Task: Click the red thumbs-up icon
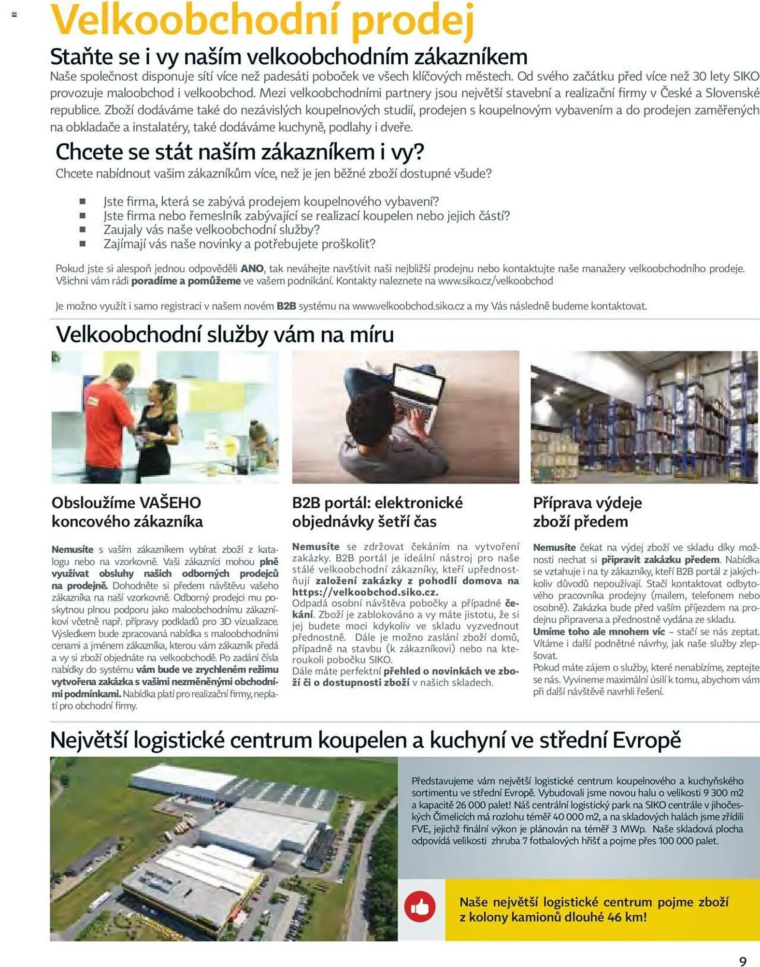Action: pos(419,907)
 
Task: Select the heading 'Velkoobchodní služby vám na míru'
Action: pos(225,335)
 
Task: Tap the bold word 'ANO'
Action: pos(252,269)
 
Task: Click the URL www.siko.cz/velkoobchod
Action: pos(495,281)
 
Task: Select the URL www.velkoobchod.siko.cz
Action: pos(408,306)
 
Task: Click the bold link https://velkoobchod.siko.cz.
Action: pos(365,592)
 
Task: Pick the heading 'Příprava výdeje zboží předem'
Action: pos(587,512)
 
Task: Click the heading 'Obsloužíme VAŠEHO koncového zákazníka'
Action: pos(127,512)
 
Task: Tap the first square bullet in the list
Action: pos(83,201)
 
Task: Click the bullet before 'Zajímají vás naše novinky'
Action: pos(83,244)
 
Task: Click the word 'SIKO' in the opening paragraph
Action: pos(746,76)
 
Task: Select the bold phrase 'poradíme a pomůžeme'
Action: pos(186,281)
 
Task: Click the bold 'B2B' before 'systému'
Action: pos(286,306)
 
